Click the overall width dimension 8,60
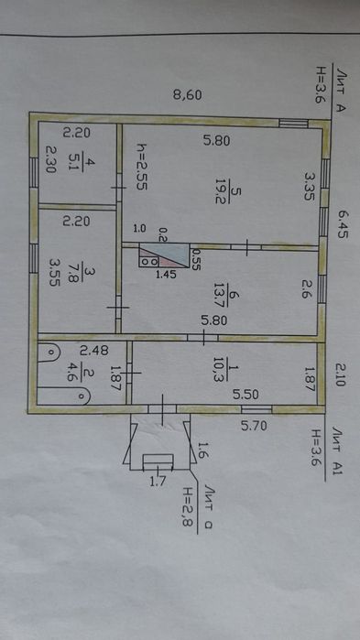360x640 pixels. point(187,94)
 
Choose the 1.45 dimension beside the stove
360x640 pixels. point(167,273)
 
